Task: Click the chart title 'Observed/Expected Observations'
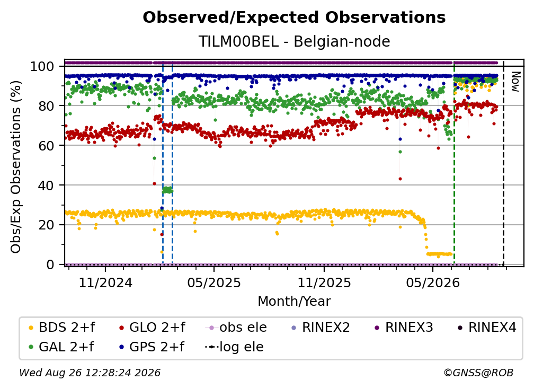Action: [x=294, y=17]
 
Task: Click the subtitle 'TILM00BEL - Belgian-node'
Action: [x=294, y=42]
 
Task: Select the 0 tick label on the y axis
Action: [x=50, y=264]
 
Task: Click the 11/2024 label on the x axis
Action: [x=105, y=282]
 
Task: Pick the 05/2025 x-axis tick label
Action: [x=214, y=282]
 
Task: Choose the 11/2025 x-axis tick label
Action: [x=324, y=282]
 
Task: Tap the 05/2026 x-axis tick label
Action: [x=432, y=282]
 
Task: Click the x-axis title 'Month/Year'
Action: [x=294, y=301]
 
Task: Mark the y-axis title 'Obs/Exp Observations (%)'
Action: [x=16, y=166]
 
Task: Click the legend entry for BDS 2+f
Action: [x=61, y=328]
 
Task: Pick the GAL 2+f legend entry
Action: [x=61, y=347]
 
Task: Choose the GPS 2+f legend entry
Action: [x=152, y=347]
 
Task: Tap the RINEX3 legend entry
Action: [x=404, y=328]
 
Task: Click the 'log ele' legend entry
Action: [x=235, y=347]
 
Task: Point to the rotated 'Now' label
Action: [x=515, y=82]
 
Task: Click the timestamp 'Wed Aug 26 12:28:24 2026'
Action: [x=90, y=373]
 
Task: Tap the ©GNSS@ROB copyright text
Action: [x=478, y=373]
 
